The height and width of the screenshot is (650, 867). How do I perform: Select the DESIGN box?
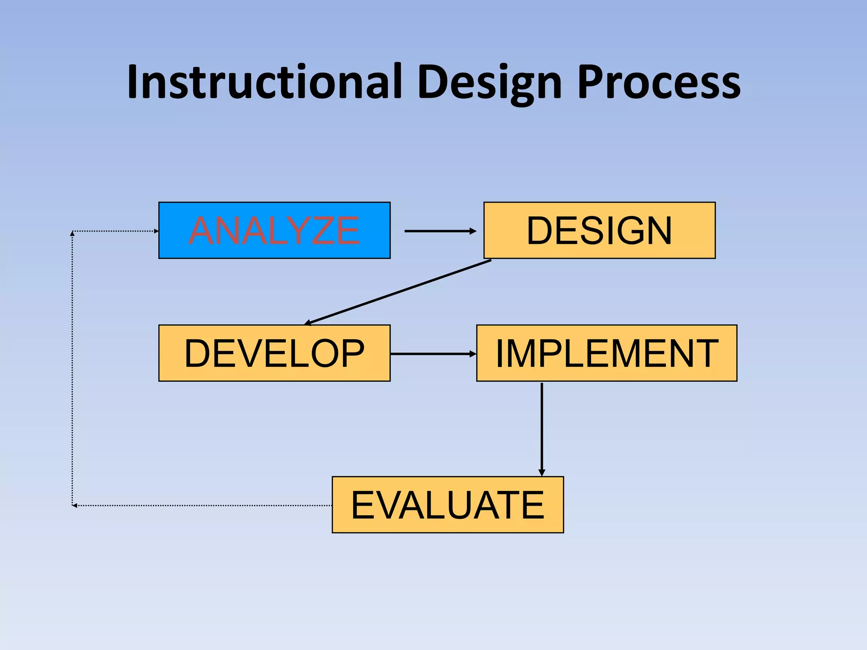[599, 230]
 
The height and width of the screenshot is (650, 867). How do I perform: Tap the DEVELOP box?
[274, 353]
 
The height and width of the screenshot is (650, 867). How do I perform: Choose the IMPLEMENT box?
[607, 353]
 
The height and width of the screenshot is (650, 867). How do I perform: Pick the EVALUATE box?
[447, 504]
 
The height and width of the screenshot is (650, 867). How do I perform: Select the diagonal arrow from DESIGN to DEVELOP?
[398, 292]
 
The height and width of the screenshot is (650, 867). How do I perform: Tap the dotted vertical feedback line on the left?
[72, 368]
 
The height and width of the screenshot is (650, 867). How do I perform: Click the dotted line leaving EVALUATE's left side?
[203, 505]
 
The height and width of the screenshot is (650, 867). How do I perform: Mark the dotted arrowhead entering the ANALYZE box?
[156, 231]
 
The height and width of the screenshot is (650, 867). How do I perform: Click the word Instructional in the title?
[264, 82]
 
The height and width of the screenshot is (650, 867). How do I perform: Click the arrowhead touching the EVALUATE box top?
[541, 472]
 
